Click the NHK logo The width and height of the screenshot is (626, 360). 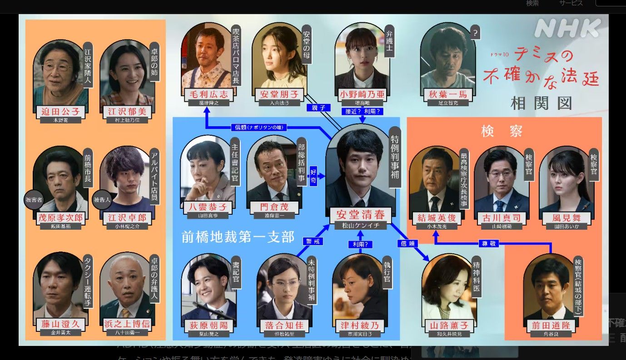(x=567, y=28)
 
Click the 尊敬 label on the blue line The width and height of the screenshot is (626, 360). (x=488, y=243)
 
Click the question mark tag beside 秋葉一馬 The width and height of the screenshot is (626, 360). (x=475, y=33)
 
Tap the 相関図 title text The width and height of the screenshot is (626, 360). (x=541, y=103)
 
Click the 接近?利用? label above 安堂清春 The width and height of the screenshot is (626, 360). (x=362, y=111)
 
